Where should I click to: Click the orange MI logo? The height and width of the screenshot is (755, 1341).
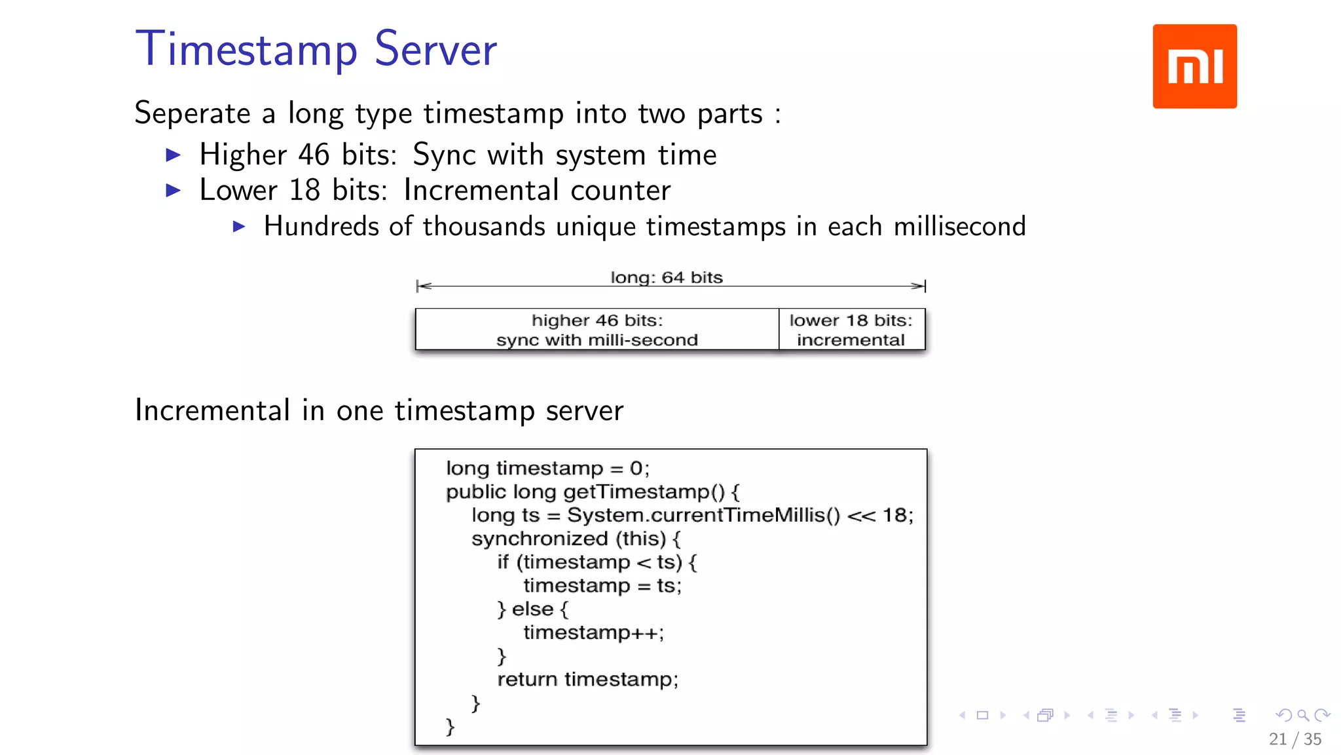click(1194, 66)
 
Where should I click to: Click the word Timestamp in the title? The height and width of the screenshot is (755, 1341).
click(246, 50)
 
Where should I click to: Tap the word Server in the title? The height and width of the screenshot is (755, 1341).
click(435, 50)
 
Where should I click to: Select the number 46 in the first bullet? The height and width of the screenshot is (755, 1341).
click(314, 155)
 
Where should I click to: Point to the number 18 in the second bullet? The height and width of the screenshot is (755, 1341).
click(304, 191)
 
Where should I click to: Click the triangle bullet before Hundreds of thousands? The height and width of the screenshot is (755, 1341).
click(239, 227)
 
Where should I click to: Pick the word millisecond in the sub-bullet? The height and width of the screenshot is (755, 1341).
click(959, 227)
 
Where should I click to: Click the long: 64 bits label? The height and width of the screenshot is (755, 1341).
click(667, 277)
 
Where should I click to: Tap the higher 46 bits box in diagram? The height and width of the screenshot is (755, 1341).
click(597, 330)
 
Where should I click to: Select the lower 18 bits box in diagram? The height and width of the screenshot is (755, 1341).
click(851, 330)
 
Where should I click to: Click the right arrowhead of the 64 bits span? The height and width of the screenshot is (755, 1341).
click(919, 286)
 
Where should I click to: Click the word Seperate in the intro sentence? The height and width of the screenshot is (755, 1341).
click(193, 113)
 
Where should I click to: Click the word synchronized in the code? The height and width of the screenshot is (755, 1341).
click(540, 539)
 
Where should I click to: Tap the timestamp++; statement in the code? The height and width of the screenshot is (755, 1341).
click(593, 632)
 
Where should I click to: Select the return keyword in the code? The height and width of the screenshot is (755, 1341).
click(528, 680)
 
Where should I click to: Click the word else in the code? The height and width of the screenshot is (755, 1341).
click(532, 610)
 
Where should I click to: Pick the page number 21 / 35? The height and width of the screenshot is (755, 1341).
click(1295, 739)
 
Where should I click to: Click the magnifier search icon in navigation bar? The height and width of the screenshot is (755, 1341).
click(1303, 715)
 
